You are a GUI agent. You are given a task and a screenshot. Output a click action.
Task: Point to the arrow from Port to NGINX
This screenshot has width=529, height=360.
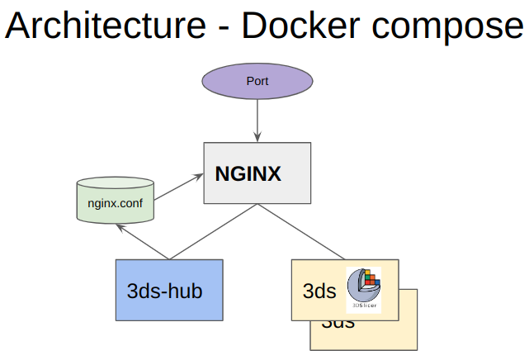[x=257, y=122]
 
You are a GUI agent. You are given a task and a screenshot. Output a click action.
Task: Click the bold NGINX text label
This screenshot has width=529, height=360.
[x=248, y=174]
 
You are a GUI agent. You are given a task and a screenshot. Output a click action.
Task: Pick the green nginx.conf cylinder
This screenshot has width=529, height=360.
[x=115, y=201]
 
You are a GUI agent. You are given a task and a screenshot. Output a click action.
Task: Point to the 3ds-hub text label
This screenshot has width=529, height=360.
[x=165, y=291]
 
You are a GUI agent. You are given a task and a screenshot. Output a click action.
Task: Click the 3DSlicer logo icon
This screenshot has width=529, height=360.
[x=365, y=288]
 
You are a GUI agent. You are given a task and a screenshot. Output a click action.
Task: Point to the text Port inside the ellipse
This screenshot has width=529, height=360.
[x=257, y=82]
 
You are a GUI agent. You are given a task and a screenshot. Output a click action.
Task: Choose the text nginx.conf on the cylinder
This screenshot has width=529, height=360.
[x=115, y=202]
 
